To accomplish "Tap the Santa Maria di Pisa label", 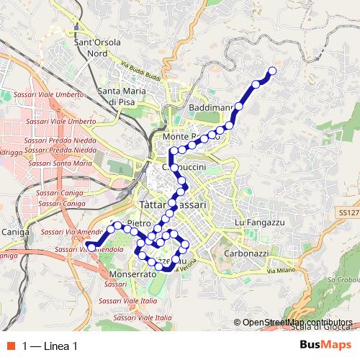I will [122, 96].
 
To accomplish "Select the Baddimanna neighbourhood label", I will [211, 107].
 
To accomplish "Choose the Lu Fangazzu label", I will [261, 224].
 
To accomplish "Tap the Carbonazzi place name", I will [246, 254].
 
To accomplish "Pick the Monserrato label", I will [134, 274].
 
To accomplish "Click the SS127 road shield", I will [348, 213].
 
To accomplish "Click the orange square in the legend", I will [11, 346].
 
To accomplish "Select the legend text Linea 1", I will [50, 346].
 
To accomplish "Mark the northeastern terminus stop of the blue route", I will [272, 71].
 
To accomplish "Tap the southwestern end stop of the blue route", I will [91, 248].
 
